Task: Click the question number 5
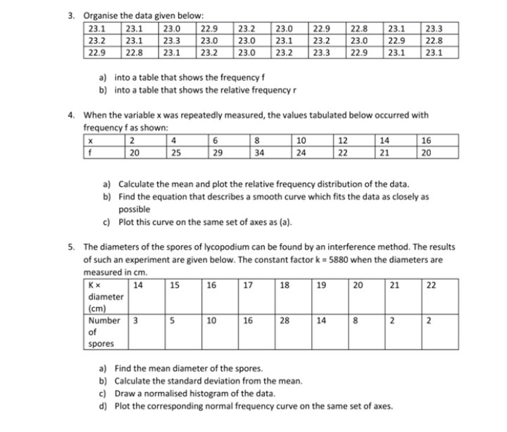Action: (72, 247)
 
